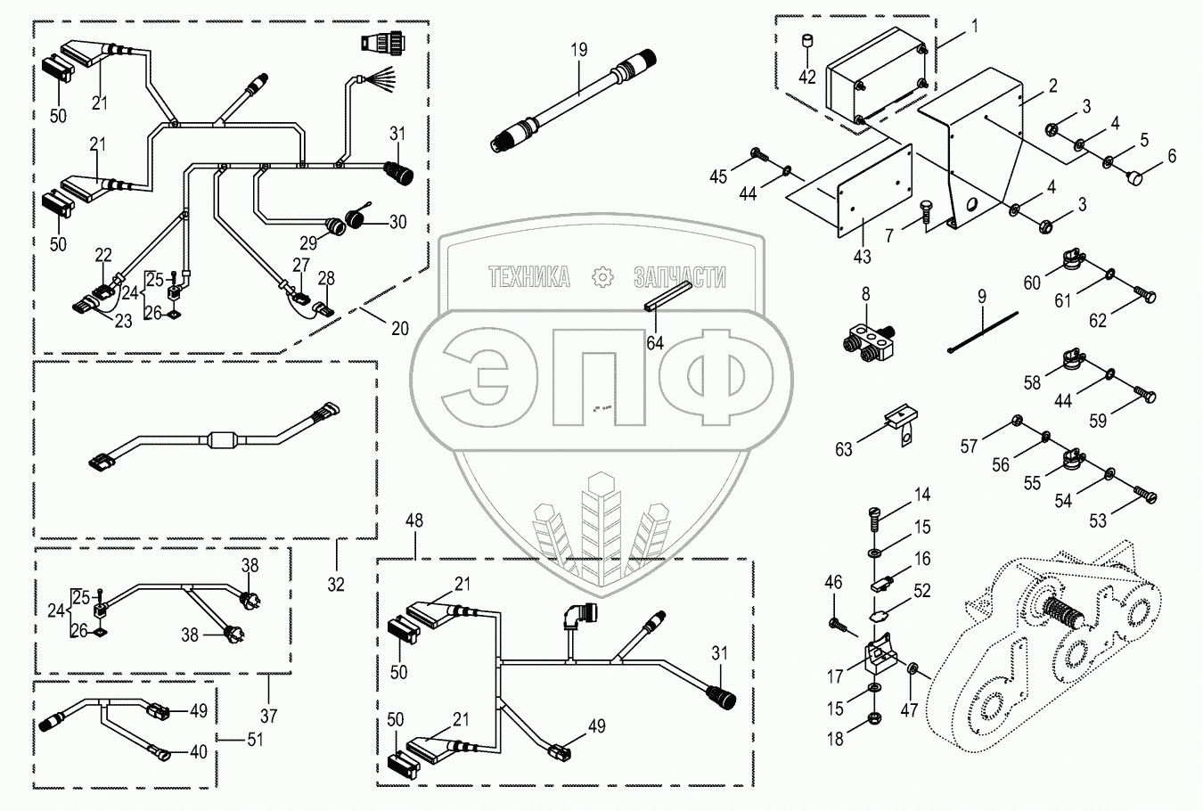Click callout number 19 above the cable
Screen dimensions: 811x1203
579,50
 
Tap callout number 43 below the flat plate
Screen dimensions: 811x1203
861,257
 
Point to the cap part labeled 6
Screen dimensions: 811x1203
1135,179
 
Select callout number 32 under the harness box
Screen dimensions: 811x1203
336,585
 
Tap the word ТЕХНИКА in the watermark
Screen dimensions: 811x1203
529,278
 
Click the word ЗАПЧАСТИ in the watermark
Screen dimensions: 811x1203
679,278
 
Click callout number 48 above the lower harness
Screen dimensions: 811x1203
415,520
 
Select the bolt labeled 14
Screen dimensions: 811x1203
874,515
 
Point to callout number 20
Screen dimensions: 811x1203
400,328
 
